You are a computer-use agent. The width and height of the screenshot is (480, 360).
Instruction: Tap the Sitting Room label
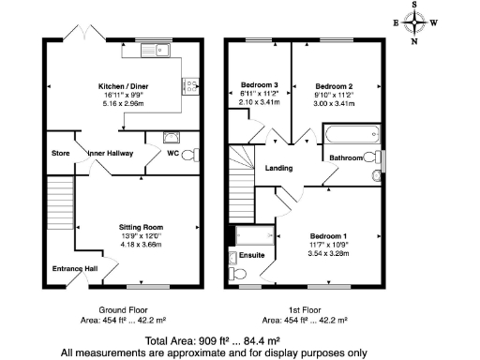pyautogui.click(x=141, y=228)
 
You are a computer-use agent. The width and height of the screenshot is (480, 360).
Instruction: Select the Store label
pyautogui.click(x=61, y=153)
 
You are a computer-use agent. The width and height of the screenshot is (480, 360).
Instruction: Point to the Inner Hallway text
pyautogui.click(x=111, y=153)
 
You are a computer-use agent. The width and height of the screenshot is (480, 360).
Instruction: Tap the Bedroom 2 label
pyautogui.click(x=332, y=85)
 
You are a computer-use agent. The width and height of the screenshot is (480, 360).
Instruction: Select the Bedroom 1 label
pyautogui.click(x=332, y=235)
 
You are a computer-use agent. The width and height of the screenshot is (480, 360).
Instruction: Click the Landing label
pyautogui.click(x=278, y=169)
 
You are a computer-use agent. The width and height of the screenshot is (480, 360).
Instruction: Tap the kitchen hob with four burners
pyautogui.click(x=188, y=87)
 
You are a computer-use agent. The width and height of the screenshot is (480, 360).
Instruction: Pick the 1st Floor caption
pyautogui.click(x=305, y=309)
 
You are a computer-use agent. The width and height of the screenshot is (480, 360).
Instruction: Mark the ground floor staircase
pyautogui.click(x=60, y=205)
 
